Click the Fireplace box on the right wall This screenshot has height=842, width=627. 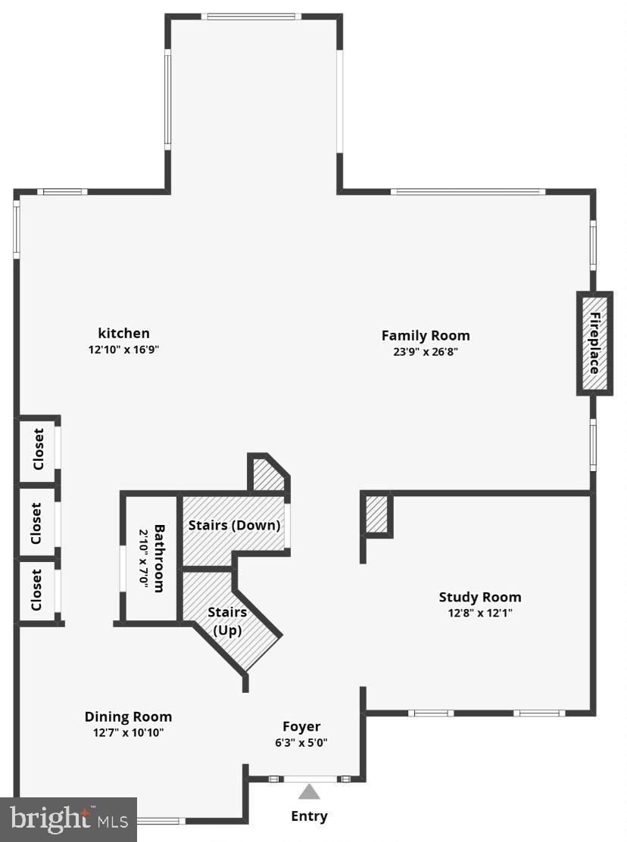point(594,343)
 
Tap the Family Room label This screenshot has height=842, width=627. point(425,335)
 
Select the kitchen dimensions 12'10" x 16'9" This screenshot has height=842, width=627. point(123,350)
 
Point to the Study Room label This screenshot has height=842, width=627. point(480,597)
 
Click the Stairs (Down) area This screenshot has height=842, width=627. point(234,524)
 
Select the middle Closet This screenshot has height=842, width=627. point(36,523)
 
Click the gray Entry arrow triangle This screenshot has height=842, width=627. point(309,792)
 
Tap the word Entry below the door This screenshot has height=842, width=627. point(309,816)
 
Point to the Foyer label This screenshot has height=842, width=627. point(301,726)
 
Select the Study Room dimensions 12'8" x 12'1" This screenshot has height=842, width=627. point(480,614)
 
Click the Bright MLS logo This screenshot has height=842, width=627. point(68,819)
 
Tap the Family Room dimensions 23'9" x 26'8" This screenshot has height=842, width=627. point(425,351)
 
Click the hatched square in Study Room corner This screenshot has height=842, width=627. point(376,514)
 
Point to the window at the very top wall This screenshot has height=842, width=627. point(251,17)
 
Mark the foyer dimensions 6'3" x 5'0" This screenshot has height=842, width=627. point(301,742)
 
